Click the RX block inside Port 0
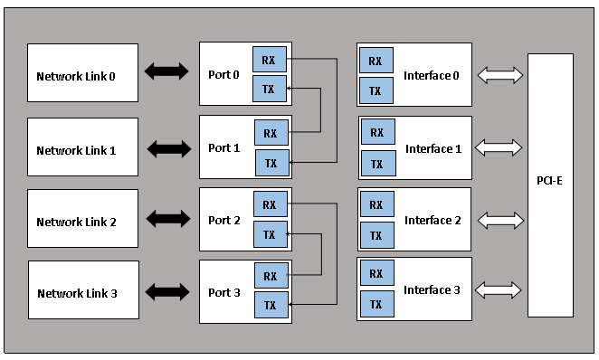pos(270,59)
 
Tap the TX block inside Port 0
pos(270,89)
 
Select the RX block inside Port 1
pos(271,133)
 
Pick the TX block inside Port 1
pos(272,163)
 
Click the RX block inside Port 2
pos(271,204)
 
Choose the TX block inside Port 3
pos(271,305)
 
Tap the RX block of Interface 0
pos(376,61)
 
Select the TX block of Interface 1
pos(378,164)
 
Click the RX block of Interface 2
pos(377,204)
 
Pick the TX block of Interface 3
pos(377,304)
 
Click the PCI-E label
pos(549,181)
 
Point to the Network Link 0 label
pos(76,76)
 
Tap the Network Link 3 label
pos(77,293)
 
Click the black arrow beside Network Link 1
pos(169,149)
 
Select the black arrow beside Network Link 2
pos(168,219)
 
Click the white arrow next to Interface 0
pos(500,75)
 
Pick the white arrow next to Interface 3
pos(499,290)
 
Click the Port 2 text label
pos(224,221)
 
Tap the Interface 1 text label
pos(433,148)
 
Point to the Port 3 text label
pos(224,292)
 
